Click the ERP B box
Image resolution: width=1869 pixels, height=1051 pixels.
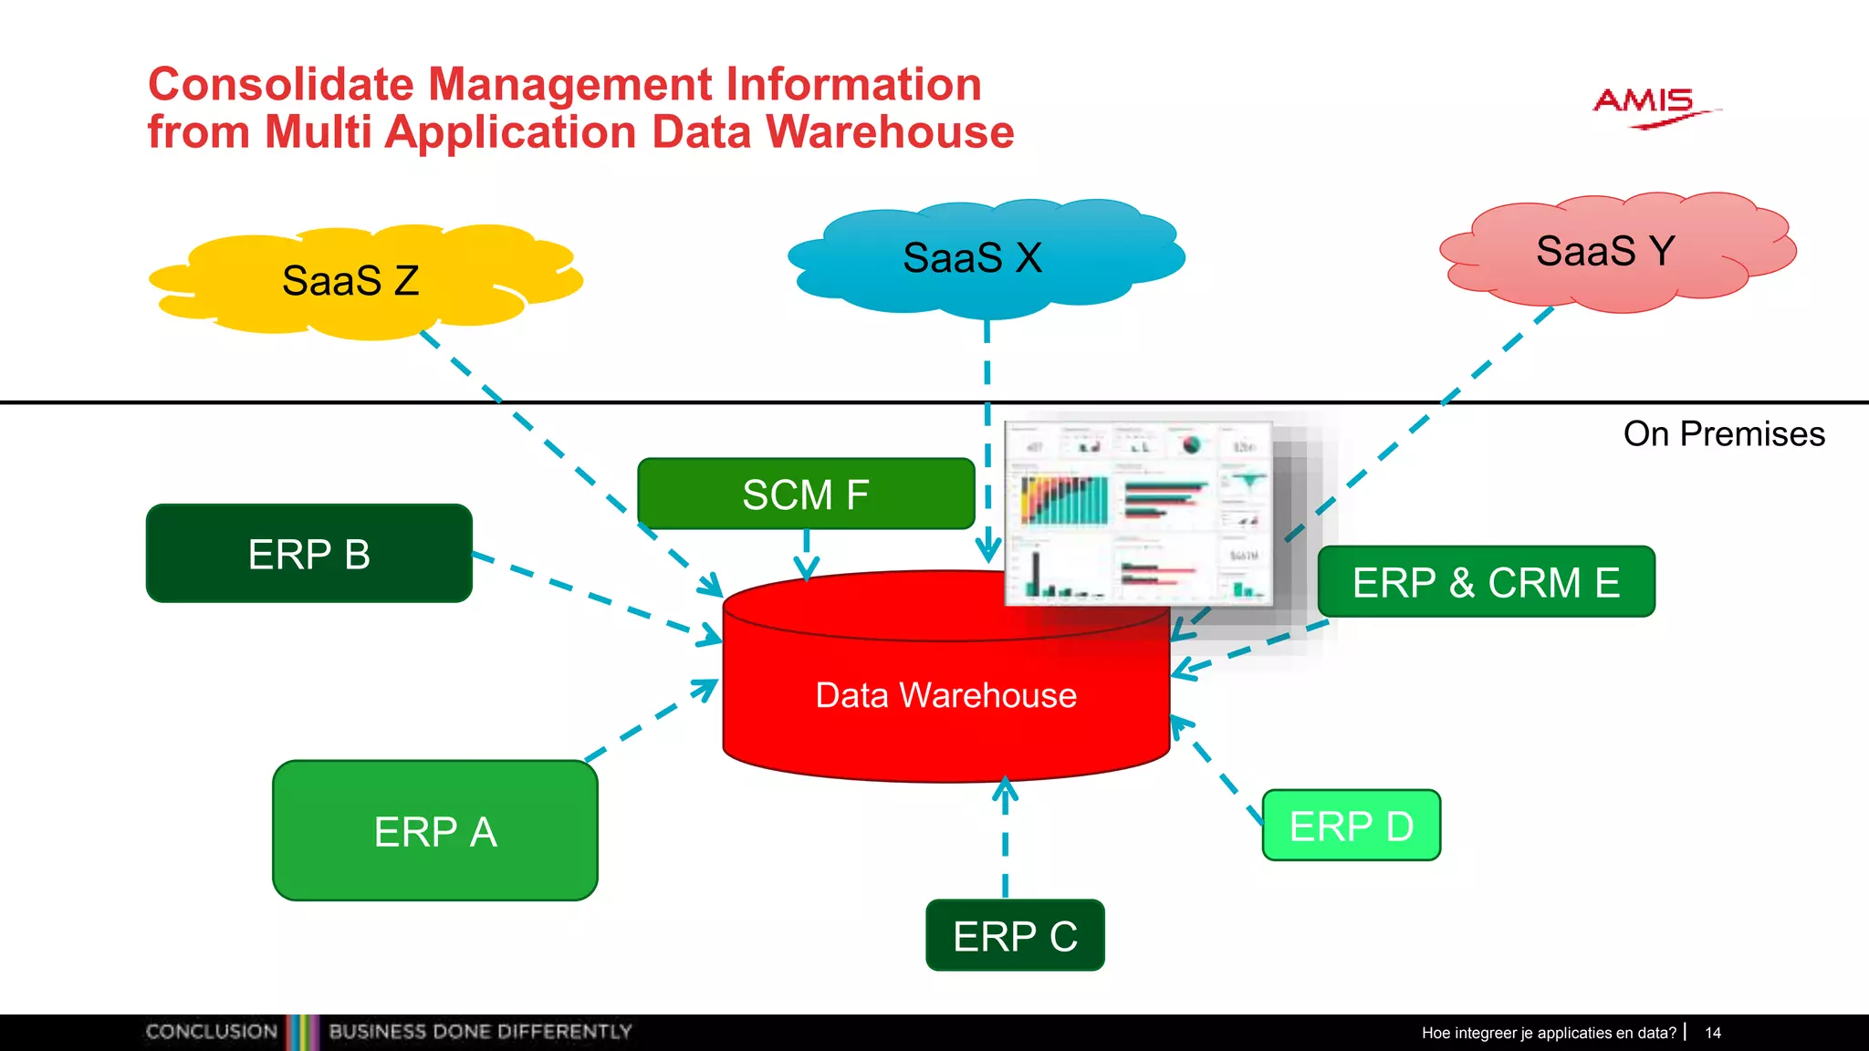309,554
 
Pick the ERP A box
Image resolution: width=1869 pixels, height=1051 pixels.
435,831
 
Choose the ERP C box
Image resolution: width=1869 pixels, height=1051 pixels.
1015,936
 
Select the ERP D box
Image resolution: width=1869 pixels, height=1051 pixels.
1351,826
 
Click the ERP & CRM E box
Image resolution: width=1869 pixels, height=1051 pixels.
1486,582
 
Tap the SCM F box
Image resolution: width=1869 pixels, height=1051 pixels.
806,494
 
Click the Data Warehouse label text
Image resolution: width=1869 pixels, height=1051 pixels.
945,695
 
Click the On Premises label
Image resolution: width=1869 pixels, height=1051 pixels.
1724,434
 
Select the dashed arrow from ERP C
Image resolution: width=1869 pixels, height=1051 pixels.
1005,839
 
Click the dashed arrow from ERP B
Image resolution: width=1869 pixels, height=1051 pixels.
593,598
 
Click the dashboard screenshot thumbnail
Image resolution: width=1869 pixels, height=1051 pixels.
1139,513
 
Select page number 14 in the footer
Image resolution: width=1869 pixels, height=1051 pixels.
1713,1033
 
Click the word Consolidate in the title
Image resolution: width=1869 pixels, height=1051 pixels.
281,85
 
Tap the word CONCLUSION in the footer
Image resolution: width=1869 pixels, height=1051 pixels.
212,1032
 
